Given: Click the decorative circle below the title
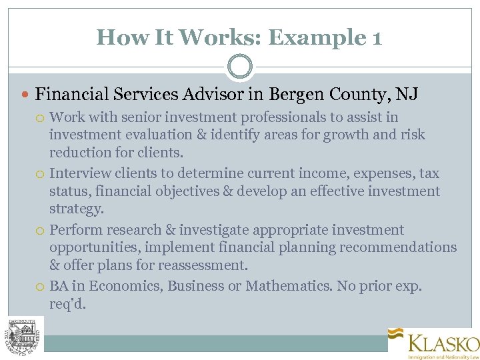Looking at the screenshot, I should point(240,67).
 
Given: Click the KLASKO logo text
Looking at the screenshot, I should point(443,344).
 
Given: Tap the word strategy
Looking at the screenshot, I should point(76,209).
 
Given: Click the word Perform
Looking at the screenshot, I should point(75,231).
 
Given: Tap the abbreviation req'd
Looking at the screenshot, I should point(68,304).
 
